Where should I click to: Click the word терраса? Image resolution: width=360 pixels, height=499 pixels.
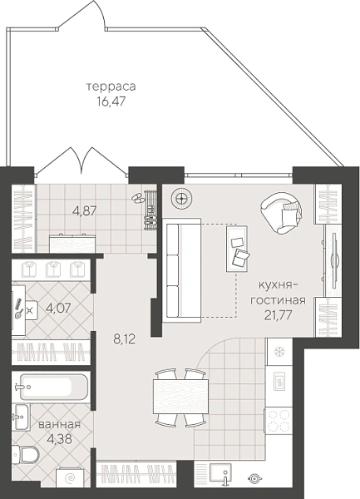click(111, 86)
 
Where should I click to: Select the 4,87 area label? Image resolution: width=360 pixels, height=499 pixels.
click(85, 211)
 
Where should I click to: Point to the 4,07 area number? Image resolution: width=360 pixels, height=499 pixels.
click(58, 308)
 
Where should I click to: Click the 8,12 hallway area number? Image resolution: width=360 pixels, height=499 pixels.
click(125, 339)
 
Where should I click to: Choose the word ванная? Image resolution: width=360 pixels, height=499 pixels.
click(60, 424)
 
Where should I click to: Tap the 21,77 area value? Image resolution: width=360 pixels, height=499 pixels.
click(278, 315)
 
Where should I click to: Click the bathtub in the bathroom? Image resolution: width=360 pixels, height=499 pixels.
click(53, 387)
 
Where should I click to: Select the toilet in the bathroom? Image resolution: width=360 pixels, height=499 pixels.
click(25, 454)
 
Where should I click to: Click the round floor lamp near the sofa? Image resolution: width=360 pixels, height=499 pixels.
click(181, 199)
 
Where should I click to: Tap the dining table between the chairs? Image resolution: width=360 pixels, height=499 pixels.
click(180, 396)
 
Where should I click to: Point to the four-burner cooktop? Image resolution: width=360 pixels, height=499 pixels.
click(279, 421)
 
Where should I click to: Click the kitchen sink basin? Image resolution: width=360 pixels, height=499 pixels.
click(220, 472)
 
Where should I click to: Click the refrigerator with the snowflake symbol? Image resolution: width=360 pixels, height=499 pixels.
click(279, 352)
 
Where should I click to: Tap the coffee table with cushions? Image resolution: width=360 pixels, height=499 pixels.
click(237, 249)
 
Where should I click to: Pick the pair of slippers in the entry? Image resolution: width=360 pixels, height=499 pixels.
click(138, 198)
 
